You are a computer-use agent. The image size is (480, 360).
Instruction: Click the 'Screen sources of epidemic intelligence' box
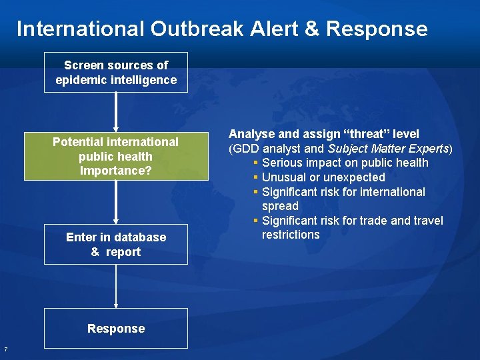pos(116,73)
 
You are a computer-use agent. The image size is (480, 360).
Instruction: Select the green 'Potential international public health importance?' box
pos(116,157)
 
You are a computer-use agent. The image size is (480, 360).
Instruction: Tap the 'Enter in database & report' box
pos(116,244)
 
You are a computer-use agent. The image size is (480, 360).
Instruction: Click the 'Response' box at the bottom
pos(116,328)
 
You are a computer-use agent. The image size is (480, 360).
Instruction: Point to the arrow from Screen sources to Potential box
pos(116,111)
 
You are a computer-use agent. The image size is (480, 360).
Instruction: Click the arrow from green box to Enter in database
pos(116,201)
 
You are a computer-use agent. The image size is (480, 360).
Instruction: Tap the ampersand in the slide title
pos(312,29)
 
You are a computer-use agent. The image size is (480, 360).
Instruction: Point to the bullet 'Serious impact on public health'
pos(345,163)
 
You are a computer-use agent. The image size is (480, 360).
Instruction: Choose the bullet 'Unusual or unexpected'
pos(323,177)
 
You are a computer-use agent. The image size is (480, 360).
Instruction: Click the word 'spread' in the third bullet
pos(280,206)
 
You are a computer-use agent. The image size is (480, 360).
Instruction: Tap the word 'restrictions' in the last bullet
pos(291,235)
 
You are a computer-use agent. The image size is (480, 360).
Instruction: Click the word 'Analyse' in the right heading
pos(251,134)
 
